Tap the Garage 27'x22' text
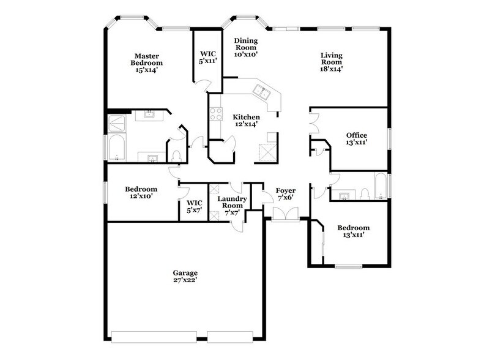point(184,276)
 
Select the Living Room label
point(332,62)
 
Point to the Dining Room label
point(246,47)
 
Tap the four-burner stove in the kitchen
point(216,113)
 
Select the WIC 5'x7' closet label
point(194,206)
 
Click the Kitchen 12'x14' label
point(246,121)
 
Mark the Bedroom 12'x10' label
point(141,193)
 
